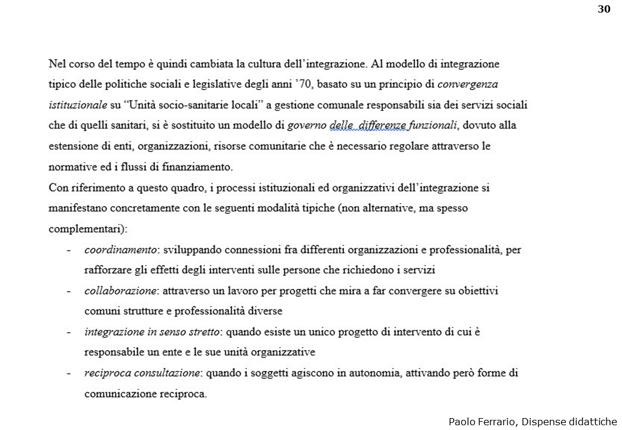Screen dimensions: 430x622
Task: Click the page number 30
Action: pos(603,8)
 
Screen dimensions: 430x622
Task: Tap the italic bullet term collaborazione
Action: pos(120,291)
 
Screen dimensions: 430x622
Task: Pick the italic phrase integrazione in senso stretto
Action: pos(153,331)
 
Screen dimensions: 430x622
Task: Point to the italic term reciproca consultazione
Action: pos(142,373)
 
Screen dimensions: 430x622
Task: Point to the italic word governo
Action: pos(306,125)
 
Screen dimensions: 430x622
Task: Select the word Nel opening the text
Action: pos(57,63)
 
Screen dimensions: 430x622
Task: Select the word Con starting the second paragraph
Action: pos(58,188)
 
